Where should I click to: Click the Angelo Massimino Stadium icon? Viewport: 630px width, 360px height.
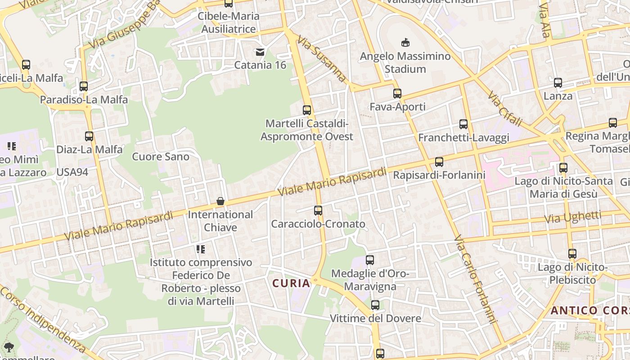point(405,43)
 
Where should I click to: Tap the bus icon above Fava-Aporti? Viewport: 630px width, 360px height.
point(397,94)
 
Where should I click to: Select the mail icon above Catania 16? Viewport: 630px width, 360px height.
point(260,52)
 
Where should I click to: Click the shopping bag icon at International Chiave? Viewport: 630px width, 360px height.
point(220,201)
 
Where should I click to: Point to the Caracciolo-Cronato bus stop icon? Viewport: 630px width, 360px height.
point(318,210)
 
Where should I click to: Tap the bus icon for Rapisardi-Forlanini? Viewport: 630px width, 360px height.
point(439,162)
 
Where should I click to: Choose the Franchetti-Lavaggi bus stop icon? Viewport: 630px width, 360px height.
point(463,124)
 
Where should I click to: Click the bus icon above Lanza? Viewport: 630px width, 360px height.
point(558,83)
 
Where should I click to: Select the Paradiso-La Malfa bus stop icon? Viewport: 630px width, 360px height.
point(84,86)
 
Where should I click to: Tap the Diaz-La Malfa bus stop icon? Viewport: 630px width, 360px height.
point(89,136)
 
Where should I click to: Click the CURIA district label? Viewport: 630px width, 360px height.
point(291,283)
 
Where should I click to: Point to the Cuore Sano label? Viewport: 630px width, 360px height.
point(161,157)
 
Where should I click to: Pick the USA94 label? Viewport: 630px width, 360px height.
point(72,172)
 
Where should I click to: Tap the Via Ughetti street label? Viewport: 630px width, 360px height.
point(572,217)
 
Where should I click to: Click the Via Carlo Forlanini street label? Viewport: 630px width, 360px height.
point(475,279)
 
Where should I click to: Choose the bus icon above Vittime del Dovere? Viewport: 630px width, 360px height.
point(375,305)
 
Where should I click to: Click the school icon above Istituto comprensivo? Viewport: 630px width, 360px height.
point(201,249)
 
